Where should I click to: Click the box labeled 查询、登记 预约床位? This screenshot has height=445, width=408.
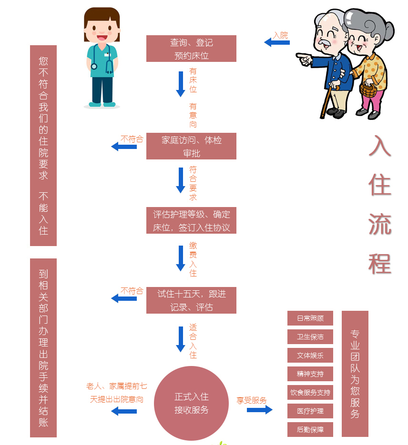pyautogui.click(x=191, y=49)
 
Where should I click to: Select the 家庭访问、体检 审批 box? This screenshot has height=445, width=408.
pyautogui.click(x=191, y=146)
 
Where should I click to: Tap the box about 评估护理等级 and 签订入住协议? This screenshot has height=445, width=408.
pyautogui.click(x=191, y=220)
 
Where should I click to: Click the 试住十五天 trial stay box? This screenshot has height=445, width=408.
pyautogui.click(x=191, y=300)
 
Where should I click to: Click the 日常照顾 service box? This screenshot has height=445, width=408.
pyautogui.click(x=310, y=318)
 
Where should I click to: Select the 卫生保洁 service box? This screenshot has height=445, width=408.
pyautogui.click(x=310, y=337)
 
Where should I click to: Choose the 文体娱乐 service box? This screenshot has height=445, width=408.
pyautogui.click(x=310, y=356)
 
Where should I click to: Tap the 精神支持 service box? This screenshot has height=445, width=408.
pyautogui.click(x=310, y=374)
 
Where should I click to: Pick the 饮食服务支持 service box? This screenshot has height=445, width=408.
pyautogui.click(x=310, y=393)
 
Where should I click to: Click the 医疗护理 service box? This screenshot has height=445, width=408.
pyautogui.click(x=310, y=411)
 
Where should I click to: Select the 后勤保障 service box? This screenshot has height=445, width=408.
pyautogui.click(x=310, y=430)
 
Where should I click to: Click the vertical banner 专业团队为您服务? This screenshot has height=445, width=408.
pyautogui.click(x=355, y=374)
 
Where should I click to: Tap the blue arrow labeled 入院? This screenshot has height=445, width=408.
pyautogui.click(x=277, y=43)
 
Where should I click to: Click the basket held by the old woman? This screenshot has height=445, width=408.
pyautogui.click(x=368, y=89)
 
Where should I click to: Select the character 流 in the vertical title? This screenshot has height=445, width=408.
pyautogui.click(x=380, y=223)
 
